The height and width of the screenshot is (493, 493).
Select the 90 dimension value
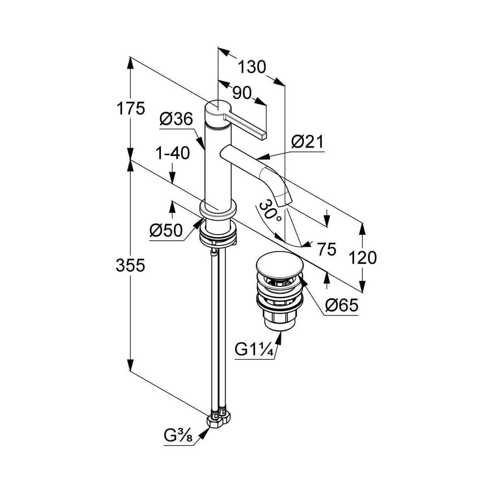tap(242, 94)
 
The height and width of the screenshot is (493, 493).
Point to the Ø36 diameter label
tap(175, 120)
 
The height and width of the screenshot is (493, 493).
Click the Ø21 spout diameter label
tap(307, 142)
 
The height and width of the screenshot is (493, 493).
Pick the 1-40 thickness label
tap(172, 153)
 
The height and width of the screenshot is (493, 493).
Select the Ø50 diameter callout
tap(166, 230)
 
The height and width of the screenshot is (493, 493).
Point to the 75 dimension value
tap(327, 249)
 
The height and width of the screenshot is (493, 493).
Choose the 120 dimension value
tap(362, 258)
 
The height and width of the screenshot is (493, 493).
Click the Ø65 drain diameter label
tap(341, 305)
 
